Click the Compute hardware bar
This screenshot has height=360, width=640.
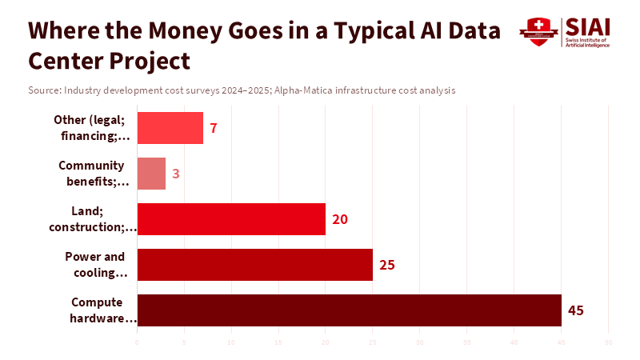point(349,310)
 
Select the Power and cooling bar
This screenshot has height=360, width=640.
point(254,265)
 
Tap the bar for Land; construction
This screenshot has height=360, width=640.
point(231,219)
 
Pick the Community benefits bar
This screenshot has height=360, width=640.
point(151,174)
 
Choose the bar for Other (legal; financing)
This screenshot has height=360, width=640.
point(170,128)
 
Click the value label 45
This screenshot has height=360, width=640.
point(576,310)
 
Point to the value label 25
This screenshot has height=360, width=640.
point(387,265)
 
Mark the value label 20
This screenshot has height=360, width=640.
point(340,219)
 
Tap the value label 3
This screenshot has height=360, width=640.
point(176,174)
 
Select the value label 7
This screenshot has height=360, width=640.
point(214,128)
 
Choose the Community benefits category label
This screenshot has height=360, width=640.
point(93,174)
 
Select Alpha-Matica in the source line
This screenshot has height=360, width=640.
point(303,90)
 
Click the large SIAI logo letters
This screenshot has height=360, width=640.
point(586,26)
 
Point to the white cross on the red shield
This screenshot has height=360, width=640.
point(539,25)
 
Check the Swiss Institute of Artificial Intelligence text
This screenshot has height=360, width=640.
point(586,42)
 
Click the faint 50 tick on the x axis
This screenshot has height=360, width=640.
point(609,342)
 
